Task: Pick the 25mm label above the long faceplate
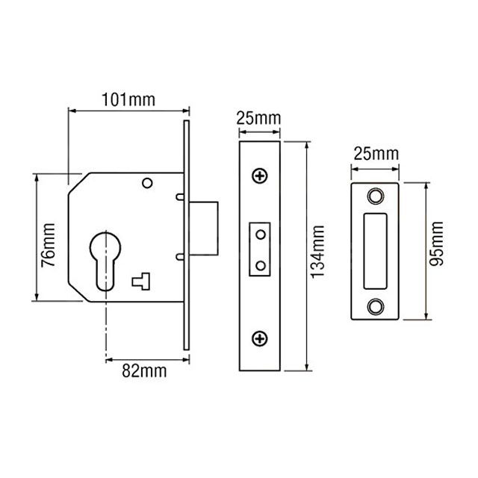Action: pyautogui.click(x=258, y=119)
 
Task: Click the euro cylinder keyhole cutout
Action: pyautogui.click(x=106, y=258)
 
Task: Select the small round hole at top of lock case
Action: pyautogui.click(x=147, y=182)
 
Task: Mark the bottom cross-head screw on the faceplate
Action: pyautogui.click(x=259, y=339)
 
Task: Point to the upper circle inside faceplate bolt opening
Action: pyautogui.click(x=260, y=235)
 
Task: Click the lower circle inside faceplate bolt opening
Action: pyautogui.click(x=260, y=264)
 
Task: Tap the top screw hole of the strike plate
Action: pyautogui.click(x=375, y=196)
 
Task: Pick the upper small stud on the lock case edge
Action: pyautogui.click(x=181, y=197)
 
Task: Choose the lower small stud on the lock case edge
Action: pyautogui.click(x=181, y=258)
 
